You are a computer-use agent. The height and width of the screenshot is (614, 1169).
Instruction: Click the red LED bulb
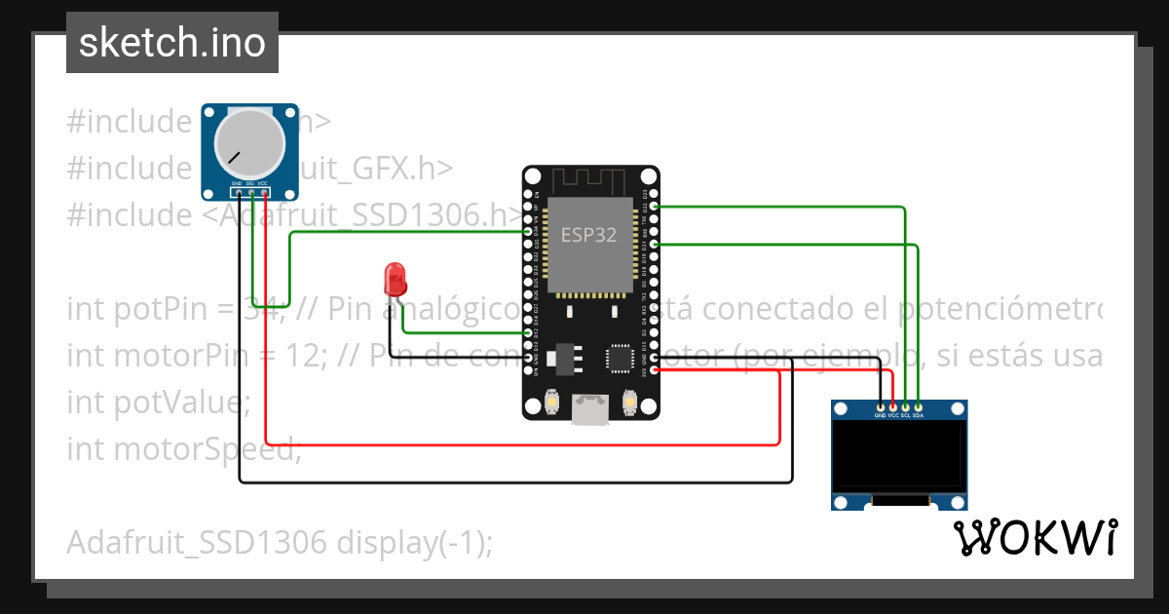click(x=395, y=279)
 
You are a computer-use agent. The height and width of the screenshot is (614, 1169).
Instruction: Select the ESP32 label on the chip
click(x=588, y=235)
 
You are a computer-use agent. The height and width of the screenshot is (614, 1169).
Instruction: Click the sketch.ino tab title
click(x=172, y=43)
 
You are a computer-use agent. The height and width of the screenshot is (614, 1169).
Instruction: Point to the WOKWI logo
click(x=1035, y=537)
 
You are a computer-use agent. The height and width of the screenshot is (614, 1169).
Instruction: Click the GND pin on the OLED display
click(x=881, y=406)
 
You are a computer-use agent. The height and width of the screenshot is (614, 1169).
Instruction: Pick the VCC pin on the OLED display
click(x=893, y=406)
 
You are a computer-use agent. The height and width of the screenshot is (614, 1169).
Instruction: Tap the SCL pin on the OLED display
click(x=906, y=406)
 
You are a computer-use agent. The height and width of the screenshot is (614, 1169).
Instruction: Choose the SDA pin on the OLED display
click(x=918, y=406)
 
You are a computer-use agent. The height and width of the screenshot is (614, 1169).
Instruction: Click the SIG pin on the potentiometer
click(x=250, y=192)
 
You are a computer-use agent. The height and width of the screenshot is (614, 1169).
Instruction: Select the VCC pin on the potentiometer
click(x=264, y=192)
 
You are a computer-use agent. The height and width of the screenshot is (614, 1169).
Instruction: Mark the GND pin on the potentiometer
click(x=238, y=192)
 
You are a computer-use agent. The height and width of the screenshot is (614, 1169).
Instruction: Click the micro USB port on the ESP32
click(x=590, y=409)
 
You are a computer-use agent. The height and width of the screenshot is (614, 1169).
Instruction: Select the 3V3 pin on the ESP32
click(x=653, y=369)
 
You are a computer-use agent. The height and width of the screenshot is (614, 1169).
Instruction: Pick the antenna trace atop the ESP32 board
click(x=590, y=181)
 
